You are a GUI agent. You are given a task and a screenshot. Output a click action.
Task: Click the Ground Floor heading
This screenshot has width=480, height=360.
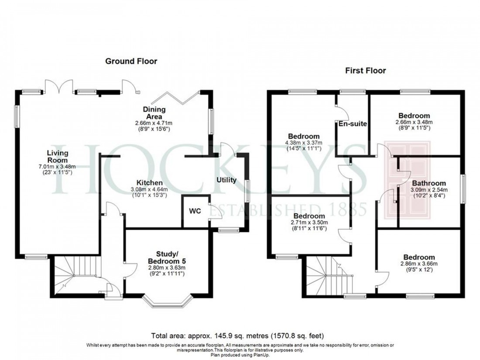(x=131, y=61)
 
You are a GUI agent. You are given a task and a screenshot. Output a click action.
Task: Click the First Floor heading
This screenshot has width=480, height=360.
(x=365, y=71)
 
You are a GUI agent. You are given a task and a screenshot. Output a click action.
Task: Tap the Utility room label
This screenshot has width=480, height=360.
(x=226, y=180)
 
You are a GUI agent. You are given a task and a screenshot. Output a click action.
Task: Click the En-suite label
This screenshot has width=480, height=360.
(x=353, y=124)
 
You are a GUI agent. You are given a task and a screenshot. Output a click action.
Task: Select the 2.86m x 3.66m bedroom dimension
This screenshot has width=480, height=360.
(x=418, y=264)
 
